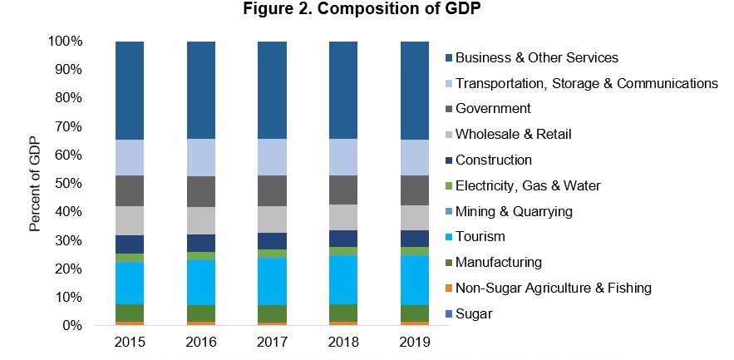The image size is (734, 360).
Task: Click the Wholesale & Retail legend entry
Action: (514, 134)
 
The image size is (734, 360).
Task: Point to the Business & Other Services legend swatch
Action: (449, 57)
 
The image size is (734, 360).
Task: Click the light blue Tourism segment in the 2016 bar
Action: (201, 283)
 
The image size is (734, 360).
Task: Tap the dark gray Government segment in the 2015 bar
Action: (130, 190)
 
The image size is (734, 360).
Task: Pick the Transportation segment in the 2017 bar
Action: (273, 157)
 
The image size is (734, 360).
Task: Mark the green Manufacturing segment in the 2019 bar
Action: (415, 313)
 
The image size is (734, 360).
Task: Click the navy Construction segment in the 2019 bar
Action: (415, 239)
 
